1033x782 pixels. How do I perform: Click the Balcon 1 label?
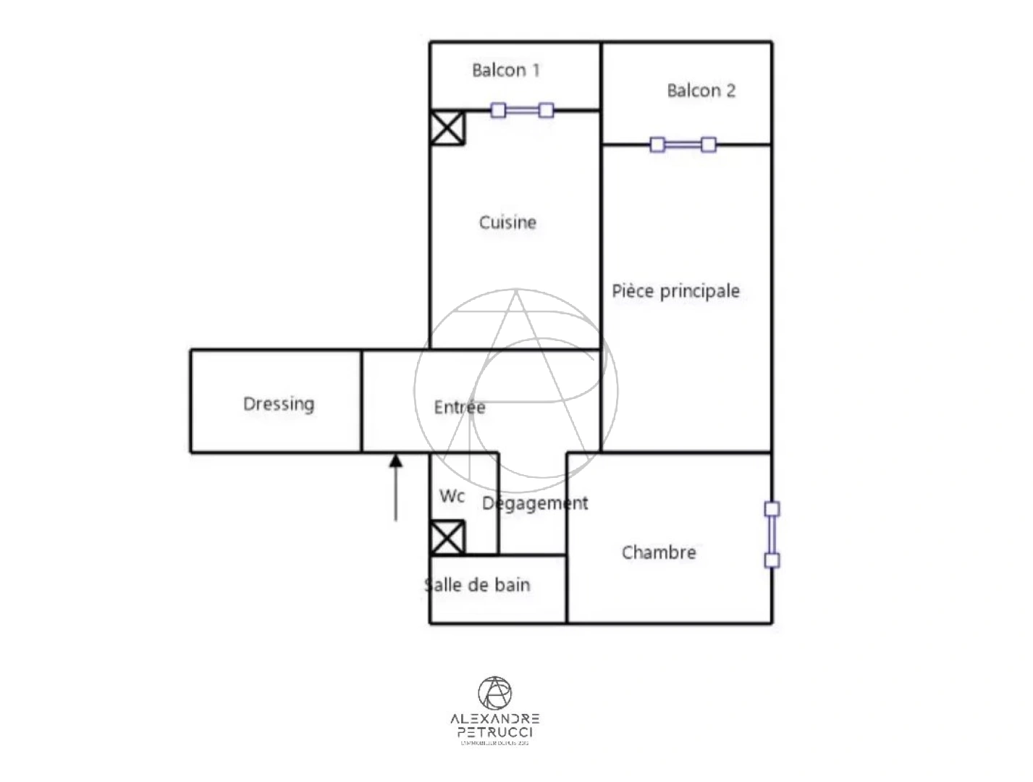coord(505,70)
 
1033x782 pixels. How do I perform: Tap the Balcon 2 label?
coord(701,91)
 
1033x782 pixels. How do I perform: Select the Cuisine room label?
coord(507,222)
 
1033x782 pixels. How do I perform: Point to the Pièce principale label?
coord(675,291)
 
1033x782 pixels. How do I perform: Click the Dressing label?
coord(279,403)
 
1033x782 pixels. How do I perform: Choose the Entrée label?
coord(460,408)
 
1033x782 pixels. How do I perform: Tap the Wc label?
coord(452,496)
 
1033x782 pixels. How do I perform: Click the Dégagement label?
coord(535,503)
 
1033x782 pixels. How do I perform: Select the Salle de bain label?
coord(478,585)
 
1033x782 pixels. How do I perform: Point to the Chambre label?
coord(659,552)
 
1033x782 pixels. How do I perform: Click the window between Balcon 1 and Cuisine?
coord(522,110)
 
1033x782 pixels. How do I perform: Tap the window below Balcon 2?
coord(683,145)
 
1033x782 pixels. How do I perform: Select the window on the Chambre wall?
coord(772,534)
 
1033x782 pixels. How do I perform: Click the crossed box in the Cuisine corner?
coord(447,127)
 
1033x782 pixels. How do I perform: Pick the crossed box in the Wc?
coord(447,537)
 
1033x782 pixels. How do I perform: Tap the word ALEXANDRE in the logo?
coord(494,719)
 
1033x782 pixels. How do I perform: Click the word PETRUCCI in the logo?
coord(494,732)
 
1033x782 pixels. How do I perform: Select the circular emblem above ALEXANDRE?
coord(494,693)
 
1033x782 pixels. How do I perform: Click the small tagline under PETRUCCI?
coord(494,743)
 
